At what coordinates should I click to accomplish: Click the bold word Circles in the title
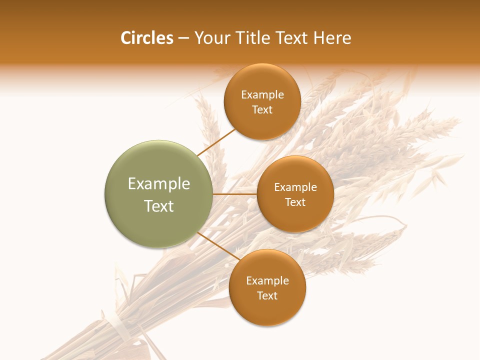146,38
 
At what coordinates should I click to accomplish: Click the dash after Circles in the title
183,38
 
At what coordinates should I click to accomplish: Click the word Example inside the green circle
158,184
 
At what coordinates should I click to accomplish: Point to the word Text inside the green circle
158,206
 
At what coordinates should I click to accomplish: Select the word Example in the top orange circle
262,95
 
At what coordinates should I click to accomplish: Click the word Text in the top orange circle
262,110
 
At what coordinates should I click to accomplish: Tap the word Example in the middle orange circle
295,187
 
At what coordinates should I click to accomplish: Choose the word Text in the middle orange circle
295,202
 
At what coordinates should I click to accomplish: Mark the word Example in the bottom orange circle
267,281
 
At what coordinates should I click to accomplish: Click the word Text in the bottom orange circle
267,296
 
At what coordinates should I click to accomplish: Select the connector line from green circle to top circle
216,142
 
